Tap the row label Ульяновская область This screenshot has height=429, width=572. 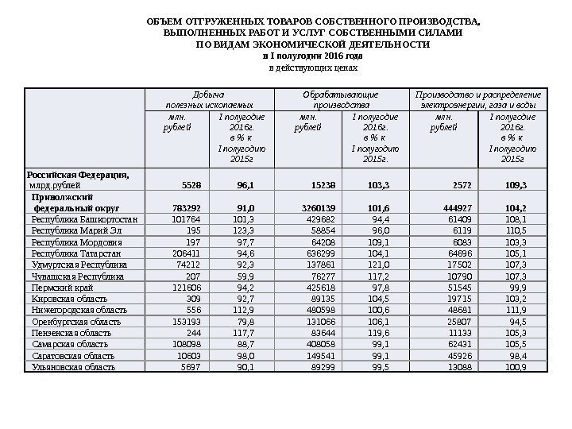(73, 367)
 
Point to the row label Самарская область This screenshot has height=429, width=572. (70, 344)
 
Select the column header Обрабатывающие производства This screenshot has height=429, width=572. (341, 99)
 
